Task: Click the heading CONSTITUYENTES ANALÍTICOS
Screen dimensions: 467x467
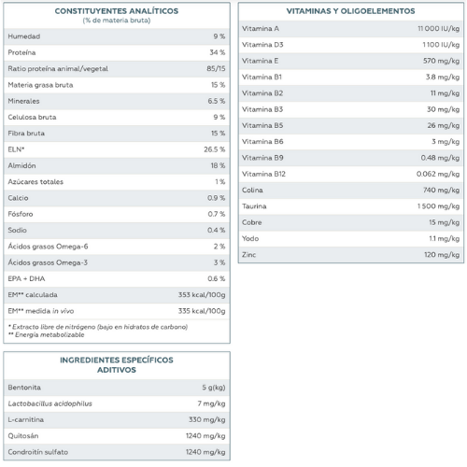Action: tap(117, 11)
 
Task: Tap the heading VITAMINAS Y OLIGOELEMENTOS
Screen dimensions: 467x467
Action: tap(350, 11)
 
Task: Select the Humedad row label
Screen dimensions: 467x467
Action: tap(24, 36)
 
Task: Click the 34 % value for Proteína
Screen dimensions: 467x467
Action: tap(218, 52)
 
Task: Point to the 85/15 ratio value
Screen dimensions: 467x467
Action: tap(216, 68)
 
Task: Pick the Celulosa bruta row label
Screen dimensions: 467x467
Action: tap(32, 117)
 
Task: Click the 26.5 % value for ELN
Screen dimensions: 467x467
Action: tap(215, 149)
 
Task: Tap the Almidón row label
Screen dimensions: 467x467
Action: tap(21, 165)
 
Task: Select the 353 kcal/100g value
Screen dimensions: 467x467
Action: tap(202, 295)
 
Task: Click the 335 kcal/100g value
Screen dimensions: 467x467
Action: tap(202, 311)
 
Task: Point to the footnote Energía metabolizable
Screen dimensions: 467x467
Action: tap(50, 334)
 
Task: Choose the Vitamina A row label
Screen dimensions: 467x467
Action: tap(261, 29)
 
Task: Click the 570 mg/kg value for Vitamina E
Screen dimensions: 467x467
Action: tap(441, 61)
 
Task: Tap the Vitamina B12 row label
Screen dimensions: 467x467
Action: tap(263, 174)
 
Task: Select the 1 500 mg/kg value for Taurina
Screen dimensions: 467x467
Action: tap(438, 206)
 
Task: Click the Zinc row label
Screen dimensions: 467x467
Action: tap(249, 255)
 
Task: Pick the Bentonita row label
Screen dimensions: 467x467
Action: tap(24, 388)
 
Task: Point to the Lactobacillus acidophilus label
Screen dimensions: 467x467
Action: tap(50, 403)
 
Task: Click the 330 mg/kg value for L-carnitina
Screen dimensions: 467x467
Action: tap(206, 419)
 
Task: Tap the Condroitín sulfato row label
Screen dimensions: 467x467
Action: tap(38, 452)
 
